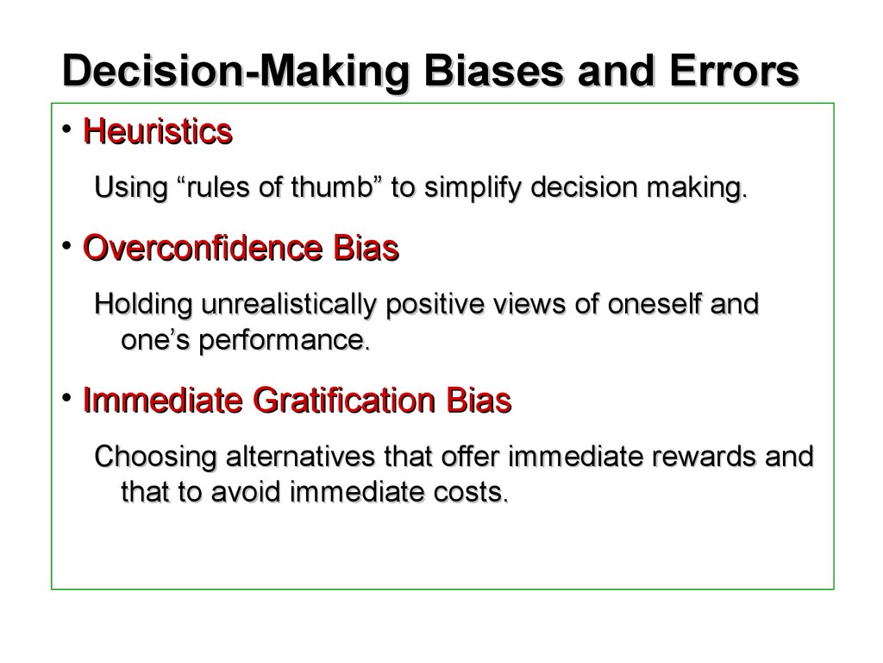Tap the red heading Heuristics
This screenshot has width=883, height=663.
tap(158, 131)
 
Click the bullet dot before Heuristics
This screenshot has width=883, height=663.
tap(67, 129)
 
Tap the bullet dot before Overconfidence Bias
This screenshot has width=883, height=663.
tap(67, 246)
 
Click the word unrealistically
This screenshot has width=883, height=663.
tap(289, 305)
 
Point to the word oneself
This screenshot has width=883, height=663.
tap(654, 304)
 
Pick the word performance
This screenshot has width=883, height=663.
tap(285, 340)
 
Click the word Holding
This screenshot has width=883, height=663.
tap(144, 305)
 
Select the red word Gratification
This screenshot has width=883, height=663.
tap(345, 401)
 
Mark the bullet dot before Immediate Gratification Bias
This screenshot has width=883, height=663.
tap(67, 398)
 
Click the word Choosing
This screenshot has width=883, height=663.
tap(155, 458)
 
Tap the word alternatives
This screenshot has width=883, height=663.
tap(301, 456)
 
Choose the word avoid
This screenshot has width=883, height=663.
tap(246, 491)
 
